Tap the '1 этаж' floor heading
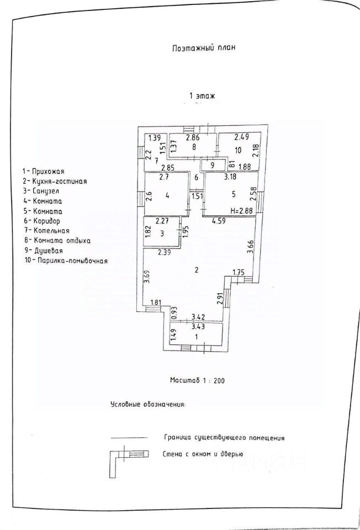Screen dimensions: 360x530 (202, 96)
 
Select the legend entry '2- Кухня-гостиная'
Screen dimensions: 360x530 (55, 181)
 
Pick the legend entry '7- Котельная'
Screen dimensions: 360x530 (46, 231)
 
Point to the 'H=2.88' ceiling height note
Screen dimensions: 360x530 (241, 211)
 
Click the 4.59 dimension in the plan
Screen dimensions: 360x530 (219, 221)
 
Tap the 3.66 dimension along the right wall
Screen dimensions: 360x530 (250, 249)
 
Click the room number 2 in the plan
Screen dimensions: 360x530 (197, 270)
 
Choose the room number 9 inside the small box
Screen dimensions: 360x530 (212, 165)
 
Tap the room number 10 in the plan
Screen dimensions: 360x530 (238, 150)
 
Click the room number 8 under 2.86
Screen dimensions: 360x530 (194, 147)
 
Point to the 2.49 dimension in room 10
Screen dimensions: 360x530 (241, 137)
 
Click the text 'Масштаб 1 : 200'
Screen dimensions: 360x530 (197, 380)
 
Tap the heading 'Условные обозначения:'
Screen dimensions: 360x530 (149, 404)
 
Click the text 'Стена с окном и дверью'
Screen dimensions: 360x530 (203, 454)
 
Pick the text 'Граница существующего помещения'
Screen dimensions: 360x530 (224, 438)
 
